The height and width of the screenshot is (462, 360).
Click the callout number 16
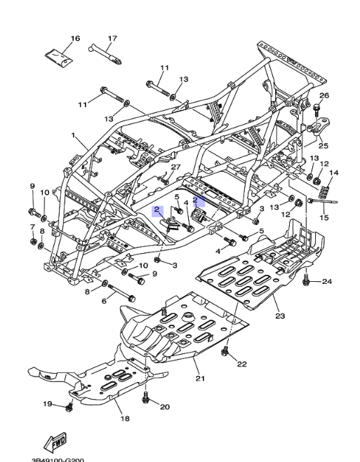[75, 39]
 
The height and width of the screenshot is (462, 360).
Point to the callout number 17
[112, 39]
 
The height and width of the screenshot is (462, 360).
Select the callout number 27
[175, 167]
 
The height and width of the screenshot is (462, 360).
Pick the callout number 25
[324, 146]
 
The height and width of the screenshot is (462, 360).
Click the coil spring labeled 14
[324, 191]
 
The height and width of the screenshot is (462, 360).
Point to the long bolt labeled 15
[322, 201]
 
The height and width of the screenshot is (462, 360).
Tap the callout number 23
[280, 316]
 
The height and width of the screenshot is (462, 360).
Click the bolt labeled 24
[306, 280]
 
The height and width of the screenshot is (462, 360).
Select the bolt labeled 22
[225, 351]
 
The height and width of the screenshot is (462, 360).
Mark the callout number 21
[200, 378]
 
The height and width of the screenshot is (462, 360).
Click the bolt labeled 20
[145, 398]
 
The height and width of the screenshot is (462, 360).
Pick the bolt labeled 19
[69, 407]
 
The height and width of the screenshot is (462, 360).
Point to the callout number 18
[125, 418]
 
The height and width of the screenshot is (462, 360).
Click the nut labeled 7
[33, 242]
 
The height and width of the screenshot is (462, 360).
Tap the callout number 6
[104, 301]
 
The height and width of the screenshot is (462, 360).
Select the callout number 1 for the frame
[73, 135]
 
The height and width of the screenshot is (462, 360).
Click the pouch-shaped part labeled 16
[59, 56]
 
